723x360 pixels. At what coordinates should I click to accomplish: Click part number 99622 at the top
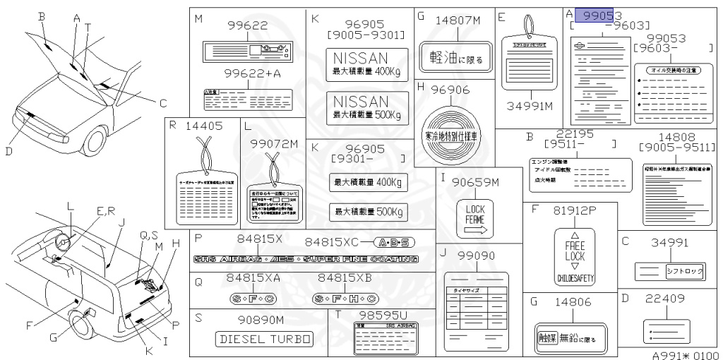pyautogui.click(x=247, y=25)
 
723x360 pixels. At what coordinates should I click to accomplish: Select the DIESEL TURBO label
pyautogui.click(x=263, y=340)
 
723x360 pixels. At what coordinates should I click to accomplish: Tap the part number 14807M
pyautogui.click(x=452, y=20)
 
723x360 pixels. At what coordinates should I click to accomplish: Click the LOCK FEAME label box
pyautogui.click(x=474, y=218)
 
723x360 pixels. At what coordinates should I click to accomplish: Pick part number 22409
pyautogui.click(x=664, y=299)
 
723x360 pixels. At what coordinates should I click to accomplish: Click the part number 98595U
pyautogui.click(x=383, y=314)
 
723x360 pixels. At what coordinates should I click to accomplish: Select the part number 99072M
pyautogui.click(x=275, y=144)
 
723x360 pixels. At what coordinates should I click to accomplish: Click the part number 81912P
pyautogui.click(x=573, y=211)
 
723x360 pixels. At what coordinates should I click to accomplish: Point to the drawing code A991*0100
pyautogui.click(x=684, y=354)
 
